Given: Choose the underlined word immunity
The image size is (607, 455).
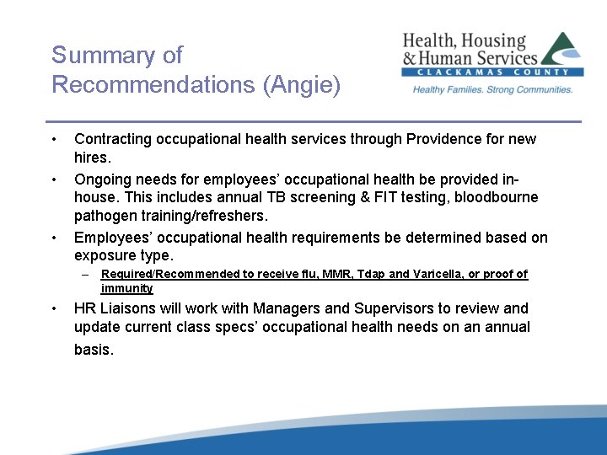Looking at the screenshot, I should click(x=127, y=288).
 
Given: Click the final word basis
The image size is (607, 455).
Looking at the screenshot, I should click(x=93, y=349).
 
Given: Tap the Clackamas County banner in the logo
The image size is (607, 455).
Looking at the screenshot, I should click(x=492, y=74).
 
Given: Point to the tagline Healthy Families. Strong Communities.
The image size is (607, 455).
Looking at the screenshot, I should click(x=492, y=89).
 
